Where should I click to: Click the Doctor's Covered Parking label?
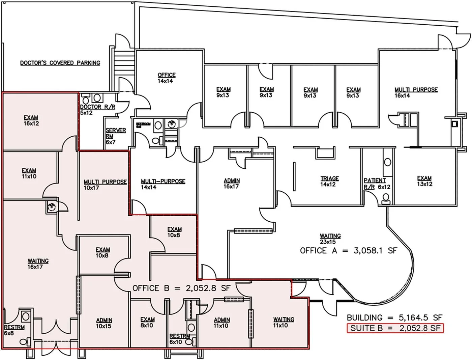click(60, 63)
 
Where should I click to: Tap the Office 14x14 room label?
click(166, 78)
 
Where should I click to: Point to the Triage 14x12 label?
click(329, 182)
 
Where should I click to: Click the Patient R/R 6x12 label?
click(377, 184)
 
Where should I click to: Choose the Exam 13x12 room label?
click(424, 181)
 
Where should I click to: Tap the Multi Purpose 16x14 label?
click(416, 92)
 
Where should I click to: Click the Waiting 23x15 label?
click(330, 239)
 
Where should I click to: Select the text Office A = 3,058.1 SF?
click(349, 251)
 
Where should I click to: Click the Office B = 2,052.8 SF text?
click(181, 288)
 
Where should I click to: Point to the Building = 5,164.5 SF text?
click(394, 317)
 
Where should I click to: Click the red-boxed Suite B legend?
click(395, 328)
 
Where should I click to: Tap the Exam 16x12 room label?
click(31, 120)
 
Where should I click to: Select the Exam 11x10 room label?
click(29, 173)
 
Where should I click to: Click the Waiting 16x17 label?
click(38, 264)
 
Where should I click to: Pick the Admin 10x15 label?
click(104, 323)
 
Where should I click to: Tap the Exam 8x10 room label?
click(147, 322)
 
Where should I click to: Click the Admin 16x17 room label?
click(232, 184)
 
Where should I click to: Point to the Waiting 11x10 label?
click(283, 322)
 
